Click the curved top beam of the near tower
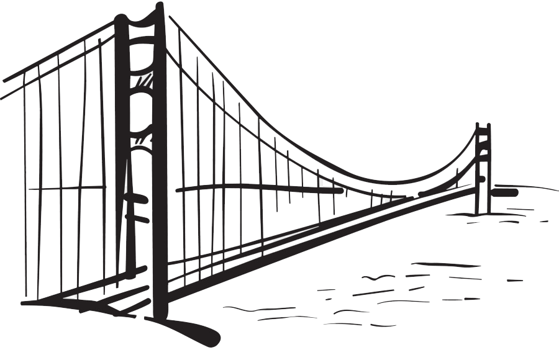point(140,22)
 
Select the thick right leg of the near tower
point(160,186)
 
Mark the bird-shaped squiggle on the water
point(376,277)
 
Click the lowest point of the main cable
point(398,182)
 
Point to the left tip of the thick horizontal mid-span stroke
point(178,190)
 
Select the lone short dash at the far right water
point(514,281)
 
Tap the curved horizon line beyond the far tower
point(528,186)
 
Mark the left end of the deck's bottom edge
point(25,304)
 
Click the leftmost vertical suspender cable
point(25,186)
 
